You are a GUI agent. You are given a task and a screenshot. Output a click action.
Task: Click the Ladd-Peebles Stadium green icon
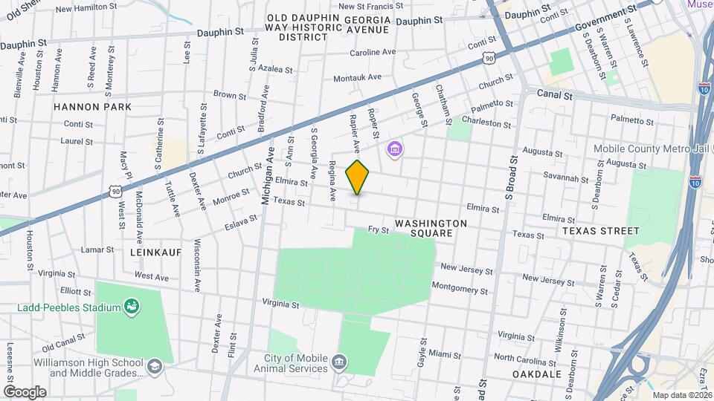coord(132,306)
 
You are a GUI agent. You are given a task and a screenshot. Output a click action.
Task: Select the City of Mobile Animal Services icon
coord(340,362)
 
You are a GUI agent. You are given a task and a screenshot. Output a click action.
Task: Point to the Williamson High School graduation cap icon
coord(153,366)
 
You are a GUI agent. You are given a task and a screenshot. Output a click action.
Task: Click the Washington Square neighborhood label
coord(431,228)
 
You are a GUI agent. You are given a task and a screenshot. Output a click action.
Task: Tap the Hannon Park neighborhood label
coord(92,107)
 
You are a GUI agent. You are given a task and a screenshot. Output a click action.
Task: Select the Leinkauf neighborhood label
coord(156,252)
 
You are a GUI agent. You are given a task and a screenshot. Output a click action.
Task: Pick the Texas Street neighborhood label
coord(601,231)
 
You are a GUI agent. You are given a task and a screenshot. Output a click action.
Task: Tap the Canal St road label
coord(556,96)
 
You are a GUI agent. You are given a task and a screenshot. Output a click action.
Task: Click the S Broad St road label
coord(510,178)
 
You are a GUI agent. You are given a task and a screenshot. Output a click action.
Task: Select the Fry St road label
coord(379,230)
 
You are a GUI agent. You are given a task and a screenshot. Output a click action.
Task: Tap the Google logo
coord(25,391)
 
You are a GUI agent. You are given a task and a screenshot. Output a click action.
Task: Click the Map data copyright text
coord(675,395)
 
